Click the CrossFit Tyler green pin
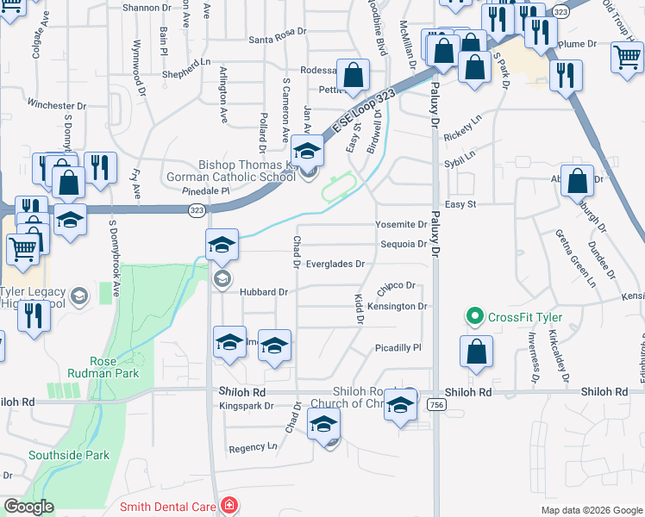pyautogui.click(x=473, y=317)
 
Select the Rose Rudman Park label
pyautogui.click(x=115, y=368)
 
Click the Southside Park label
pyautogui.click(x=69, y=455)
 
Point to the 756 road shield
pyautogui.click(x=437, y=406)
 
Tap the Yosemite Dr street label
pyautogui.click(x=401, y=224)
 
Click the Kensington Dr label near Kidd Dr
pyautogui.click(x=397, y=306)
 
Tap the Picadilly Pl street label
pyautogui.click(x=397, y=347)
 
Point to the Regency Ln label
pyautogui.click(x=253, y=447)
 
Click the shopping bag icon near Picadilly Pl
pyautogui.click(x=476, y=352)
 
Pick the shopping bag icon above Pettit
pyautogui.click(x=353, y=76)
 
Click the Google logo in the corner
pyautogui.click(x=28, y=507)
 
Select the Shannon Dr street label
pyautogui.click(x=147, y=7)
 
